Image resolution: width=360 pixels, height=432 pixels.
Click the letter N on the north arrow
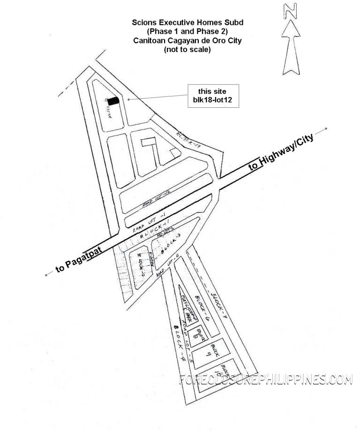(x=292, y=11)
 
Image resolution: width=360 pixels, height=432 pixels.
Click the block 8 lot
(x=195, y=334)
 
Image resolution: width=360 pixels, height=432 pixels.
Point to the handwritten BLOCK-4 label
(x=180, y=342)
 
